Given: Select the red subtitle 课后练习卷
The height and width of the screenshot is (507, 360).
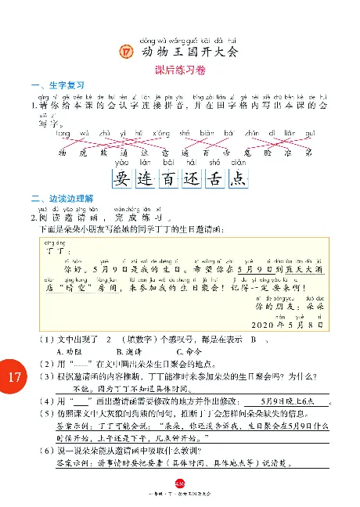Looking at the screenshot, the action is pyautogui.click(x=179, y=70).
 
